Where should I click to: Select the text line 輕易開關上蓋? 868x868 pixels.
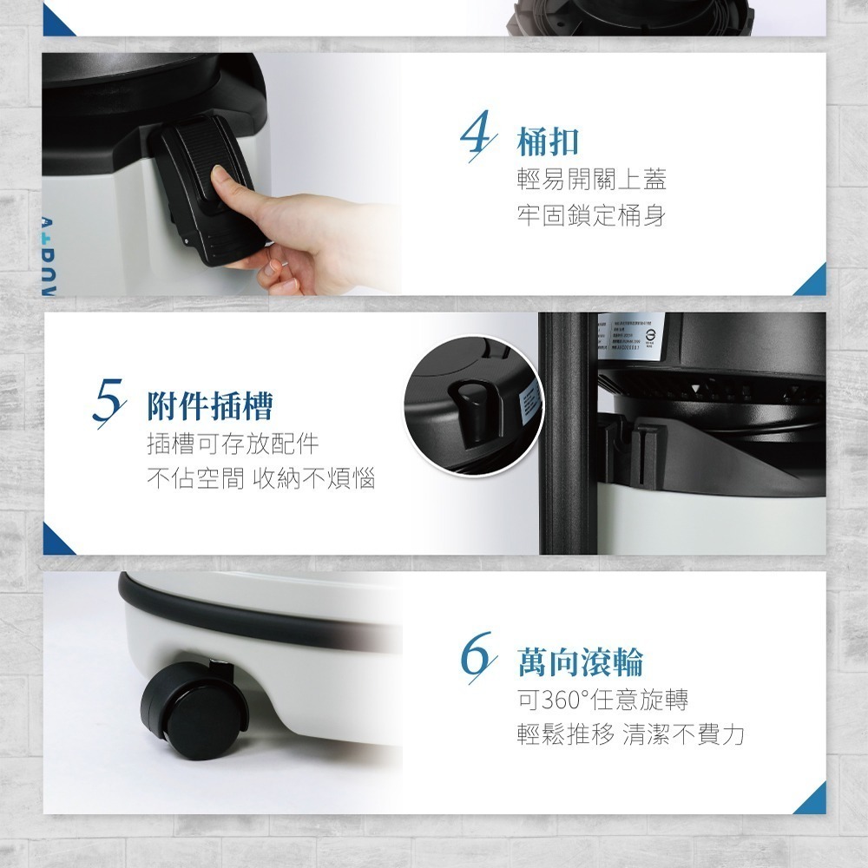point(591,180)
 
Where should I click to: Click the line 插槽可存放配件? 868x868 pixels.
point(233,444)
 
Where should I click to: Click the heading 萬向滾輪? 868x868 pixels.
point(579,662)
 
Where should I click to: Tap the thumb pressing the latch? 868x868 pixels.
point(233,188)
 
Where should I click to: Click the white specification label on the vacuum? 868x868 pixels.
point(631,335)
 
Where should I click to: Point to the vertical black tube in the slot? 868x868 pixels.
point(566,434)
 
